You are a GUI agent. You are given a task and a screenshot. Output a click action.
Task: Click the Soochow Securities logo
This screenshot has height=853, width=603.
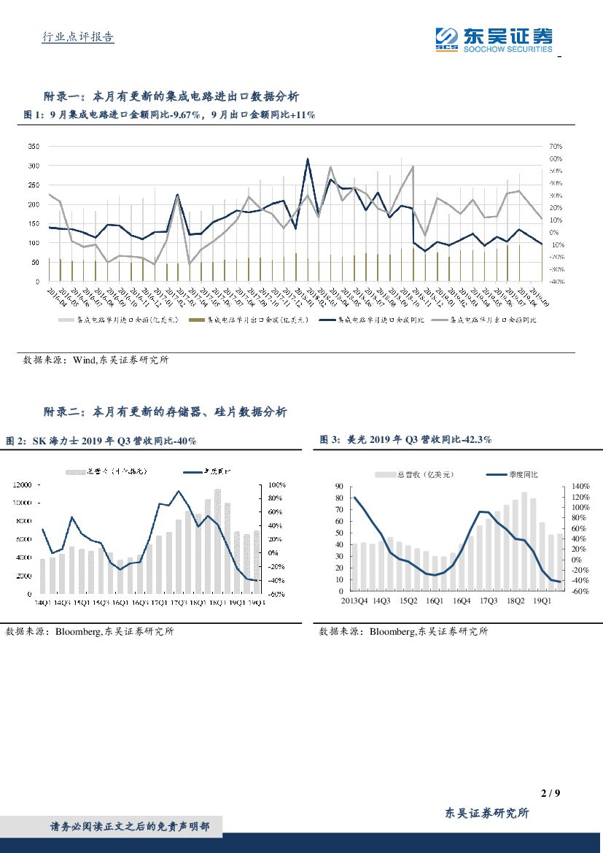pos(494,39)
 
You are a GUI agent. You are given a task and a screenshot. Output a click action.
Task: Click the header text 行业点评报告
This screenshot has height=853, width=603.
pos(76,37)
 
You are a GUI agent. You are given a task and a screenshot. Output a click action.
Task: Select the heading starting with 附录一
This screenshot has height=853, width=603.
pos(171,96)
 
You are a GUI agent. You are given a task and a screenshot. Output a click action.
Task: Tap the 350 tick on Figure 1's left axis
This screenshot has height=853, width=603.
pos(34,147)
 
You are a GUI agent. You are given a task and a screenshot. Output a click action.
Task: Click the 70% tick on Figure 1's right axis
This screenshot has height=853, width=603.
pos(555,147)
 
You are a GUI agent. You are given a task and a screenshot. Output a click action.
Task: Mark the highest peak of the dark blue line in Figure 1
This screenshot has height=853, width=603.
pos(308,159)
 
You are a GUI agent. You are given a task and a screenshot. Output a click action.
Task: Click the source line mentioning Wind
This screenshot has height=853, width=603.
pos(96,360)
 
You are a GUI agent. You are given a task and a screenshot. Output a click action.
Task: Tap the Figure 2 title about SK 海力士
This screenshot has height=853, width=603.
pos(101,441)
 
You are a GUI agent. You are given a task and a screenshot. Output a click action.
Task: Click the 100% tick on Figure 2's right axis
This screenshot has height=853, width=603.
pos(278,485)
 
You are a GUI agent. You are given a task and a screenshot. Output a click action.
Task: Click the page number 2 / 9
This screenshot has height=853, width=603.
pos(551,793)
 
